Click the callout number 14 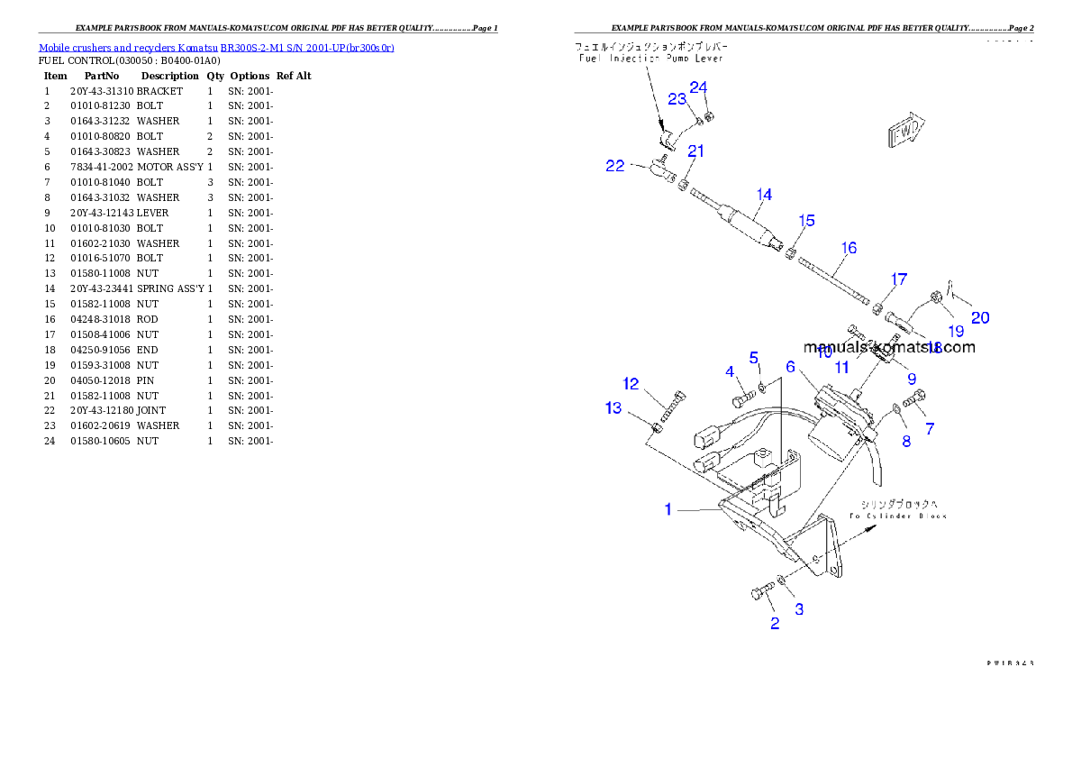[x=764, y=195]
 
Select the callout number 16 [x=849, y=248]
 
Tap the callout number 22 [x=614, y=166]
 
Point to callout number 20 [x=980, y=317]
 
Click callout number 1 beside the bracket [x=668, y=509]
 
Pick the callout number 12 [x=631, y=384]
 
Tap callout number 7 [x=930, y=429]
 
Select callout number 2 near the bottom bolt [x=775, y=623]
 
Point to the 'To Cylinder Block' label [x=897, y=516]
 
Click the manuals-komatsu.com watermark [x=888, y=347]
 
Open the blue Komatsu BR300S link [x=216, y=47]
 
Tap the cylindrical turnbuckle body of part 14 [x=752, y=229]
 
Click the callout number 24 [x=699, y=87]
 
